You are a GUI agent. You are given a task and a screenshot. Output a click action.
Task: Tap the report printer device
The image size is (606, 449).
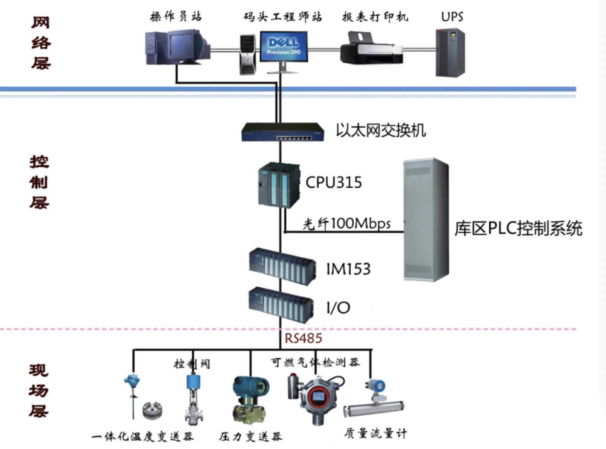[372, 49]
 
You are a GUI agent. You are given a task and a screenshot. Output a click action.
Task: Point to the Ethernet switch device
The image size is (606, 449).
[283, 132]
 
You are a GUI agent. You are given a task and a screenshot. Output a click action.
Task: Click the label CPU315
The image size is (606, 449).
[334, 182]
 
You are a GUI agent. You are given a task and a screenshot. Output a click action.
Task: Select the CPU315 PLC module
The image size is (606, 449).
[279, 185]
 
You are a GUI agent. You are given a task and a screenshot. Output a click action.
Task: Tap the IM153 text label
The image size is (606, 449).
[348, 269]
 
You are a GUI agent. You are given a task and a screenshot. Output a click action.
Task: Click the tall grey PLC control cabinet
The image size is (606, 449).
[425, 219]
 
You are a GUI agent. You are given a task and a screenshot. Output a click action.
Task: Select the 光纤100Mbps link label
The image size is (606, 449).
[346, 224]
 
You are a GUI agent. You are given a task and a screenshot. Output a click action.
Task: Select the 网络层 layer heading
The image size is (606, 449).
[41, 43]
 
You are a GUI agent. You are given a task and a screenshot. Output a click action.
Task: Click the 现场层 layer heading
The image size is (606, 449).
[39, 391]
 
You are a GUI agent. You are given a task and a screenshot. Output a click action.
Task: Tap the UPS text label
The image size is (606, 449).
[452, 17]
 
